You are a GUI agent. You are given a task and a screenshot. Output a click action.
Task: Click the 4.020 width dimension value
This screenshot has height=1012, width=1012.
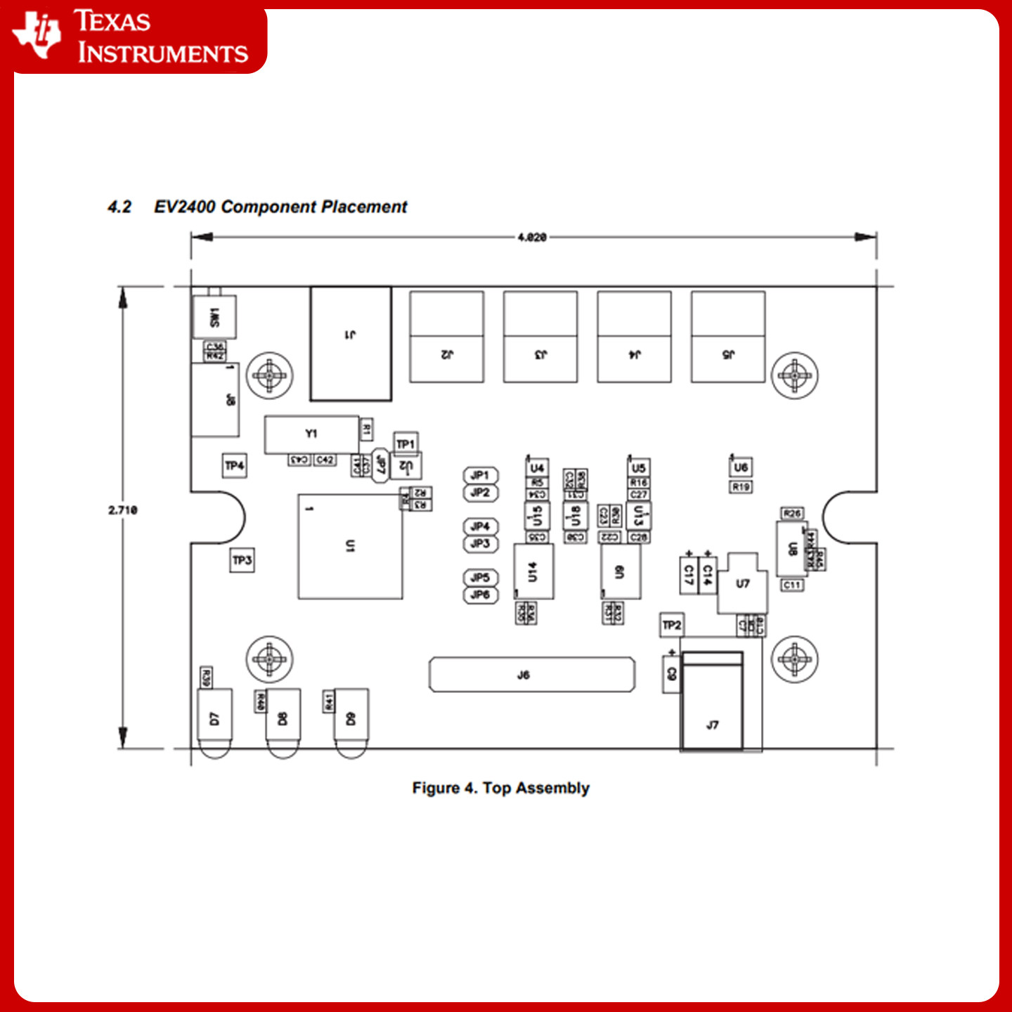[x=532, y=238]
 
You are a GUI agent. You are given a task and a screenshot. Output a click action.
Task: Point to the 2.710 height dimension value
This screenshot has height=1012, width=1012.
[x=123, y=510]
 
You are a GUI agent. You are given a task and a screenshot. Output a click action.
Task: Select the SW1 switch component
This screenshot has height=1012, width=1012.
[x=214, y=317]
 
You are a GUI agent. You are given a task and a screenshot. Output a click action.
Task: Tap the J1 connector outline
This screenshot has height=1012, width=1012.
[x=351, y=344]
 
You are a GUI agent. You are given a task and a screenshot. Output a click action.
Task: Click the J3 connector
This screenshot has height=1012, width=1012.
[x=540, y=337]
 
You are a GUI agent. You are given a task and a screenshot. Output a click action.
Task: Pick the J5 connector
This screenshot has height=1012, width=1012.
[x=728, y=337]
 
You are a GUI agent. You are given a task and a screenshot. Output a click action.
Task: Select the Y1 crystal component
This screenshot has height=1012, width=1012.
[x=311, y=434]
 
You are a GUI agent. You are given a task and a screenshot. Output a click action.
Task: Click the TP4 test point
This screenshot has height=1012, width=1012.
[x=235, y=465]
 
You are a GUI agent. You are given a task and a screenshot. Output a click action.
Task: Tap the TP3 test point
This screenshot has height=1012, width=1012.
[x=242, y=560]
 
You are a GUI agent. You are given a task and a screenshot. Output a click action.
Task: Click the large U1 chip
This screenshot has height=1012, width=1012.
[x=350, y=546]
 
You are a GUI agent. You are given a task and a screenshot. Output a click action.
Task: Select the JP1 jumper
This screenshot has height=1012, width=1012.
[x=481, y=476]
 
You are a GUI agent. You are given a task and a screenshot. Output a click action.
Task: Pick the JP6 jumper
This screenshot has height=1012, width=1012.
[x=481, y=595]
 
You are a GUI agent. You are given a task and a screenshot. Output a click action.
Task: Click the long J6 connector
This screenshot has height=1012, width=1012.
[x=532, y=675]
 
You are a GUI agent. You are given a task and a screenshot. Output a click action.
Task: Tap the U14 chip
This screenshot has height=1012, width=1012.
[x=533, y=571]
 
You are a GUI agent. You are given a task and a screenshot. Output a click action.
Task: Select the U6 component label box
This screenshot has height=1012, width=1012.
[x=741, y=467]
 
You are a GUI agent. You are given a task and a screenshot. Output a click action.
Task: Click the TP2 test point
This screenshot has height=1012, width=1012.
[x=672, y=625]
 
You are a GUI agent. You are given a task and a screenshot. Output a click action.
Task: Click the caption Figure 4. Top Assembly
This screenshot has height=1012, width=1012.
[x=500, y=788]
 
